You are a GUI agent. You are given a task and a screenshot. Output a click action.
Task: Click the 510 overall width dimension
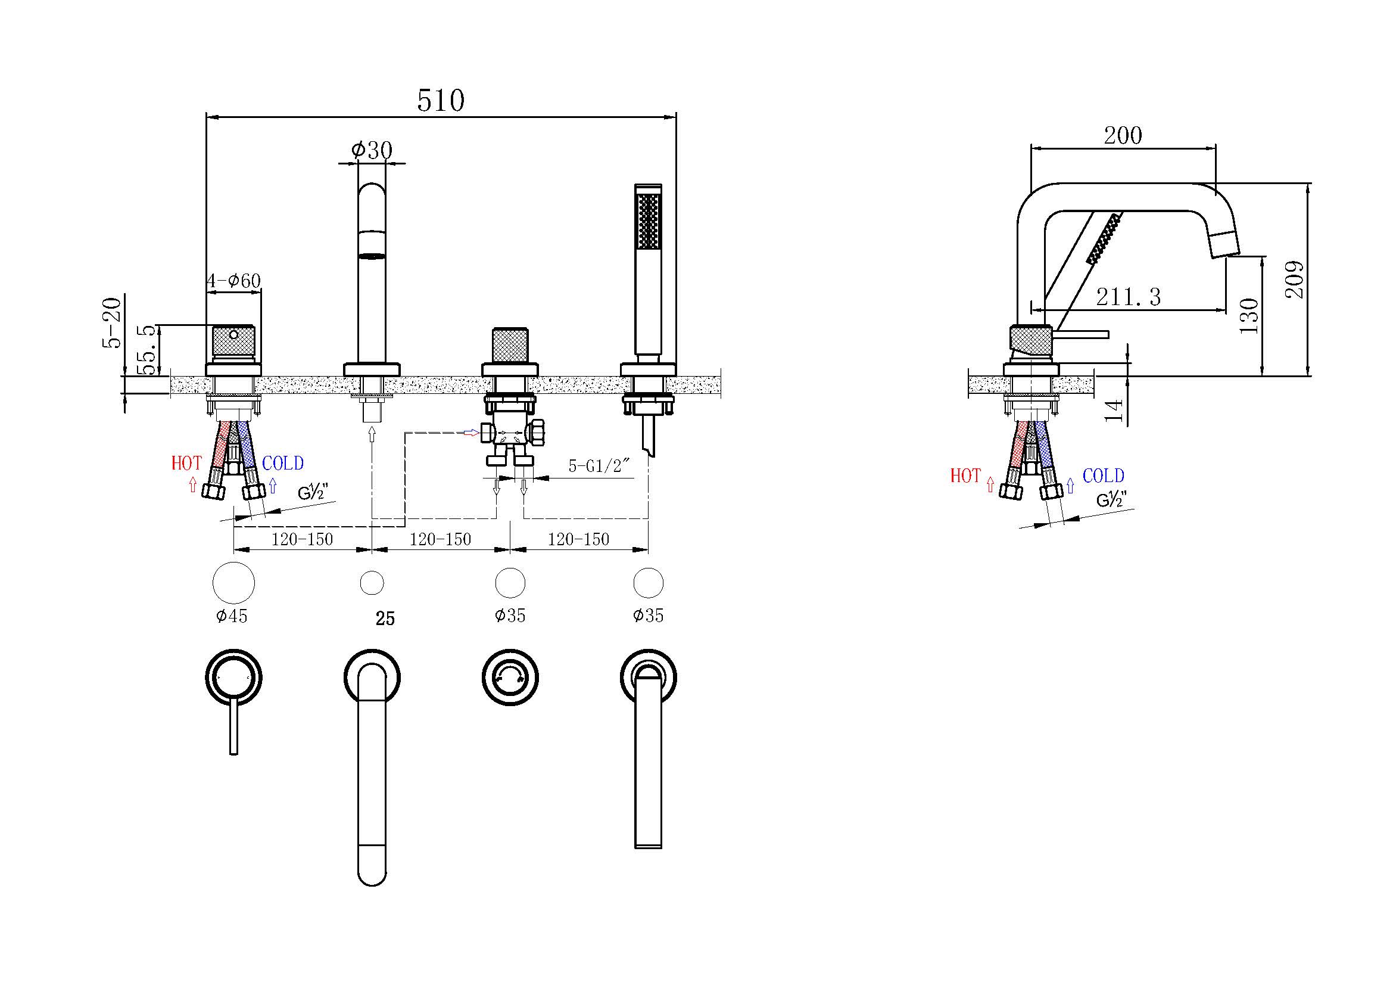[441, 100]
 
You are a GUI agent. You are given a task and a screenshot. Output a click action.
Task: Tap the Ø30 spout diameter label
[372, 150]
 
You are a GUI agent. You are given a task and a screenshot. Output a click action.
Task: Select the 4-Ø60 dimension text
[233, 281]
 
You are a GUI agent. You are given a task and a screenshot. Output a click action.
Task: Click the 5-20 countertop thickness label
[112, 322]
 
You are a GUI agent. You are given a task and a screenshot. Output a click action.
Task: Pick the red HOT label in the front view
[186, 464]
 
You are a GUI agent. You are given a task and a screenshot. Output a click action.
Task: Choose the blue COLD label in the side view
[1104, 476]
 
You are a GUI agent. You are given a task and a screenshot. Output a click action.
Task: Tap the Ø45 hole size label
[232, 616]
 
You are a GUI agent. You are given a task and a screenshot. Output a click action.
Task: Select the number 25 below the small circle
[385, 619]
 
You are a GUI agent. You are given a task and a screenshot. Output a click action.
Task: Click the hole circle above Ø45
[233, 583]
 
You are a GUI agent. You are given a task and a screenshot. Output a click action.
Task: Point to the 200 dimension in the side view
[1123, 135]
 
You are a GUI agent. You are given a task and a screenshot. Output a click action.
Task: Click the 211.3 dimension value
[1129, 297]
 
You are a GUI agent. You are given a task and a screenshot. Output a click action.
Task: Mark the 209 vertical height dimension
[1294, 279]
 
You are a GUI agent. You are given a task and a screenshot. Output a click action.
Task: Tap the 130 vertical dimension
[1249, 316]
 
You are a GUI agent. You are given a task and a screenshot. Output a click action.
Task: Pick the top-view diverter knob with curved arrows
[510, 678]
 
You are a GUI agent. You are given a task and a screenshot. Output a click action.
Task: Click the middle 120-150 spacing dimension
[441, 539]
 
